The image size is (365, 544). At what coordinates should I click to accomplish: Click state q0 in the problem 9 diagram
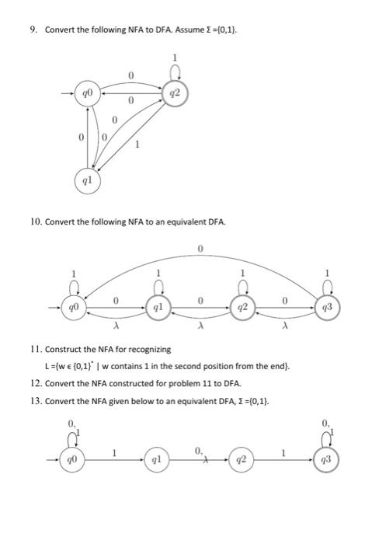pyautogui.click(x=89, y=94)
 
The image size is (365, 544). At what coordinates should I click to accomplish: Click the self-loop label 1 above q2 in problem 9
pyautogui.click(x=176, y=57)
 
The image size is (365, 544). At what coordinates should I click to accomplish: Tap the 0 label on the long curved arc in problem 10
pyautogui.click(x=200, y=248)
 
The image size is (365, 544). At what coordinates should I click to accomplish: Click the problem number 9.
pyautogui.click(x=33, y=30)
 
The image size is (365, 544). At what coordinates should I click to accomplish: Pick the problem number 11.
pyautogui.click(x=34, y=350)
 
